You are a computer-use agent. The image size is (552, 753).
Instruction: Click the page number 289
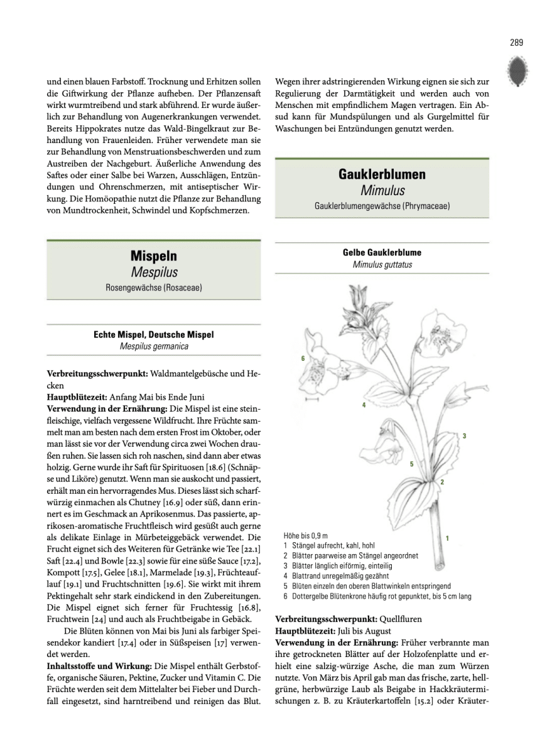[516, 43]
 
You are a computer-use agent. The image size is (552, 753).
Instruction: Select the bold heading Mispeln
[154, 256]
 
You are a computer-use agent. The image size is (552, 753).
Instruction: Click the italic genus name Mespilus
[154, 272]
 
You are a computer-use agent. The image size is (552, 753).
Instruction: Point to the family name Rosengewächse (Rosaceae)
[154, 289]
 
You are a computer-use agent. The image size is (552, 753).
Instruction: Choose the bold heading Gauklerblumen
[382, 174]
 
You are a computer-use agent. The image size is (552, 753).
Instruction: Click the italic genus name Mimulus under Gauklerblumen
[382, 190]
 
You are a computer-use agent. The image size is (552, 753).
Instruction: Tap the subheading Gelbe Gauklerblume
[382, 253]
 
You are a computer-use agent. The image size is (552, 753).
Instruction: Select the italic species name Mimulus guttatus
[382, 265]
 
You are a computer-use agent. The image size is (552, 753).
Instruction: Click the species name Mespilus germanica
[154, 346]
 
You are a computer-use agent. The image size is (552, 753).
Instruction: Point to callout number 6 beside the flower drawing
[303, 358]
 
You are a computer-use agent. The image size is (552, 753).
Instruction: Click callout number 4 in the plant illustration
[364, 405]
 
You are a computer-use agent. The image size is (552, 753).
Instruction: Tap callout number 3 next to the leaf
[464, 435]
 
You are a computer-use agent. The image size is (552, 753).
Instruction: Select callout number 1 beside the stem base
[446, 538]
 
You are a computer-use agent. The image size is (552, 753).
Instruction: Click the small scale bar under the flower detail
[311, 398]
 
